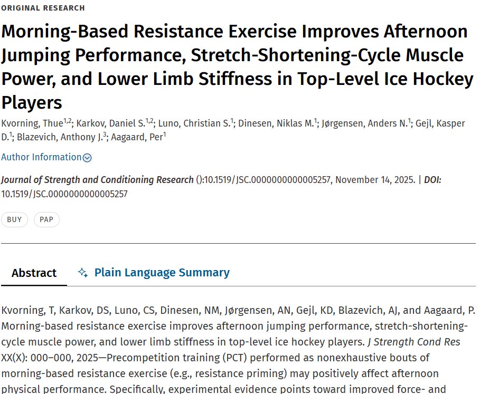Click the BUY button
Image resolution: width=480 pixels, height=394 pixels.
(14, 219)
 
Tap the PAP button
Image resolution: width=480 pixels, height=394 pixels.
(46, 219)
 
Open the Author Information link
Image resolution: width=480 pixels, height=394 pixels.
(41, 157)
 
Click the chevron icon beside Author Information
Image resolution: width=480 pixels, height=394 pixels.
(87, 158)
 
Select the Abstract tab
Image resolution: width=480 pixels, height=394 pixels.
(34, 273)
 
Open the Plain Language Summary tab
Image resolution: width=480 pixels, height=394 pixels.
(162, 272)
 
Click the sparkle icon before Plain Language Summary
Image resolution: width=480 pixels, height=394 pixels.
(83, 272)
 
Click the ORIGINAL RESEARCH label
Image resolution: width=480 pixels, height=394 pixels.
(43, 8)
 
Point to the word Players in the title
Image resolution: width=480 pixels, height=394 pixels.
(32, 103)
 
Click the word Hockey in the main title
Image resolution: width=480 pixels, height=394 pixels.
(443, 79)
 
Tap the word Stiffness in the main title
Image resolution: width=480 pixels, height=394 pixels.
(235, 79)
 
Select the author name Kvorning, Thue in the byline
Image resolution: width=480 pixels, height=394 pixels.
(32, 123)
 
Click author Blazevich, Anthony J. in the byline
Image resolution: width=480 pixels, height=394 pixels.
(60, 137)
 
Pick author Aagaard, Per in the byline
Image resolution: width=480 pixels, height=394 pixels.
(137, 137)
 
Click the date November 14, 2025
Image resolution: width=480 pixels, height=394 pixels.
(375, 180)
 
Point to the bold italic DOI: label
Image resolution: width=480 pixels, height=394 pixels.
(432, 180)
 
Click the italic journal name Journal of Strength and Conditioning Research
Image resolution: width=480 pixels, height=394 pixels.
(97, 180)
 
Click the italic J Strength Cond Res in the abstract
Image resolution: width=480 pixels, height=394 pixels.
(414, 342)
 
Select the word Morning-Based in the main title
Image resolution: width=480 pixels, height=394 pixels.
(65, 32)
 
